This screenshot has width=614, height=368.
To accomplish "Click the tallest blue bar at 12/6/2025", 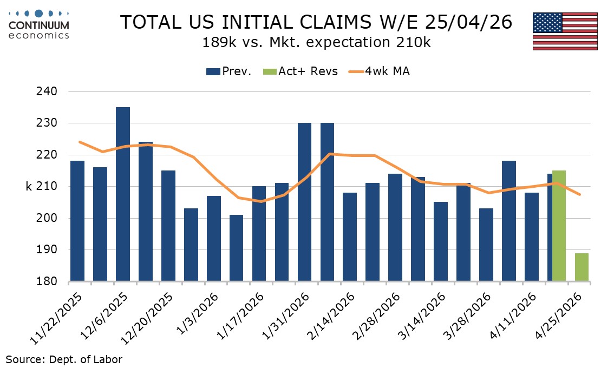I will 123,194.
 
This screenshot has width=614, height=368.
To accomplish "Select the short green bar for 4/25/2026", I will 582,267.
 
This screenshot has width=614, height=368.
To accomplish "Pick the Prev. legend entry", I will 229,71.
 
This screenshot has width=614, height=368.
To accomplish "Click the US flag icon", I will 565,31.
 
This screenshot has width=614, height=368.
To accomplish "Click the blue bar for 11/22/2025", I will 77,221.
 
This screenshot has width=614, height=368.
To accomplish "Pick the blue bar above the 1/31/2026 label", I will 305,202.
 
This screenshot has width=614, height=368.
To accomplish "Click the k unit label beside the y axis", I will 29,187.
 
